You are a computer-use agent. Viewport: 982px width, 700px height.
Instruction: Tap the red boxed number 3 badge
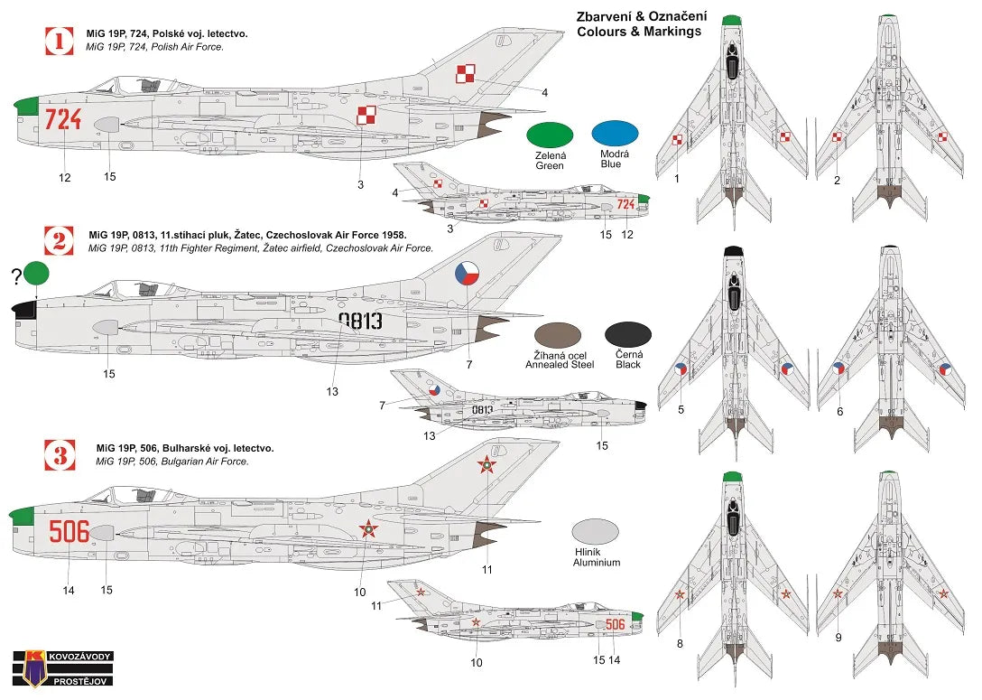point(60,454)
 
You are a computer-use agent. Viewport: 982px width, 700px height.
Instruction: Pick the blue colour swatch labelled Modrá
point(615,134)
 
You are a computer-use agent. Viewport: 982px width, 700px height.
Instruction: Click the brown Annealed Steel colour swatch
point(558,334)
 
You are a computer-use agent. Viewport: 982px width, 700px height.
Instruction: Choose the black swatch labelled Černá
point(628,334)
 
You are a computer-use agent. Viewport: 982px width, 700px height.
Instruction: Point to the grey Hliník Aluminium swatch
point(596,530)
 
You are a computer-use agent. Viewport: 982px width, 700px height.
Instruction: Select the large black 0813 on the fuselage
point(360,321)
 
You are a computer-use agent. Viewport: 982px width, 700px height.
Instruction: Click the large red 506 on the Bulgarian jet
point(69,531)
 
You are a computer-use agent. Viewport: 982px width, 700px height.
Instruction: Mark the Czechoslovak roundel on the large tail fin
point(467,272)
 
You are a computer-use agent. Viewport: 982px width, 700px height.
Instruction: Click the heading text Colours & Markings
point(639,32)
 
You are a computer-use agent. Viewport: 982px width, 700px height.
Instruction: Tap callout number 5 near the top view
point(681,409)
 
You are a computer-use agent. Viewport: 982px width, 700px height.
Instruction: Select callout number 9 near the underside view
point(838,637)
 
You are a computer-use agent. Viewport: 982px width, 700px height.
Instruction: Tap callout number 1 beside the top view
point(676,179)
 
